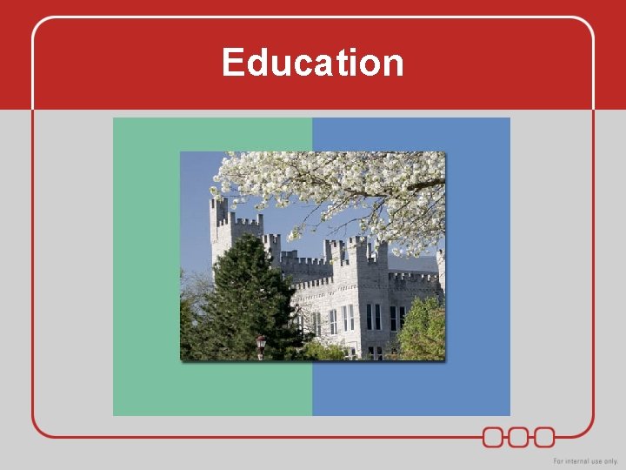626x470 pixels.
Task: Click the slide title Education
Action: click(x=313, y=64)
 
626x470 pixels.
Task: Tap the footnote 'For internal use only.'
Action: click(x=585, y=460)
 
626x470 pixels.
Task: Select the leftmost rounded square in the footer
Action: click(x=493, y=436)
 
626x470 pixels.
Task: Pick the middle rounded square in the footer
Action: click(x=518, y=436)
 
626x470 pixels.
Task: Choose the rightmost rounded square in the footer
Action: click(x=544, y=436)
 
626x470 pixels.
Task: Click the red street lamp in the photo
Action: click(x=261, y=345)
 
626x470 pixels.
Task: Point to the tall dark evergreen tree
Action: click(x=244, y=296)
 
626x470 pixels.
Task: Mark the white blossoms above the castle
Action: click(x=348, y=187)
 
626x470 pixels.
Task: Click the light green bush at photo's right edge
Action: click(x=423, y=331)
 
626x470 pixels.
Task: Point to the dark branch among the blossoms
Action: click(x=426, y=185)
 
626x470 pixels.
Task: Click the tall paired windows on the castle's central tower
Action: click(x=373, y=316)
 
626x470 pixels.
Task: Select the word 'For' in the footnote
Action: click(x=559, y=460)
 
